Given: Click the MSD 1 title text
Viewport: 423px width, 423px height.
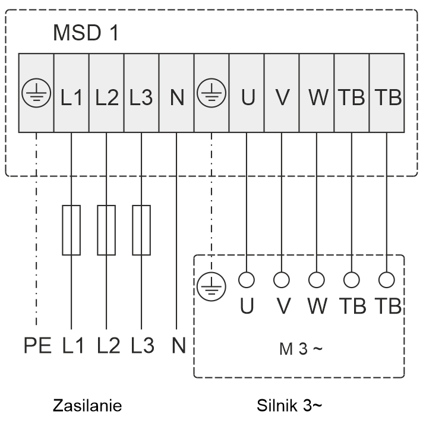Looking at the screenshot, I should (86, 33).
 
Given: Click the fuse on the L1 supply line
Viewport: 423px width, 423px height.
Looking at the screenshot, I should (71, 230).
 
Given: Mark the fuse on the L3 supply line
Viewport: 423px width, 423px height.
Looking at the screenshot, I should (141, 230).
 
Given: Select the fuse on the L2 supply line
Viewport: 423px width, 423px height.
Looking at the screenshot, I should (106, 230).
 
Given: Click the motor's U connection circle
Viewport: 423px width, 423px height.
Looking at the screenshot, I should (246, 279).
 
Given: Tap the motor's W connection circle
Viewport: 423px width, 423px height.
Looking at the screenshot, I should (317, 279).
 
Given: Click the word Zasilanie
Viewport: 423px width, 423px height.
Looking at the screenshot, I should (87, 406).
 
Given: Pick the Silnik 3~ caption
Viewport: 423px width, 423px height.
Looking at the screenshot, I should (290, 406).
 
